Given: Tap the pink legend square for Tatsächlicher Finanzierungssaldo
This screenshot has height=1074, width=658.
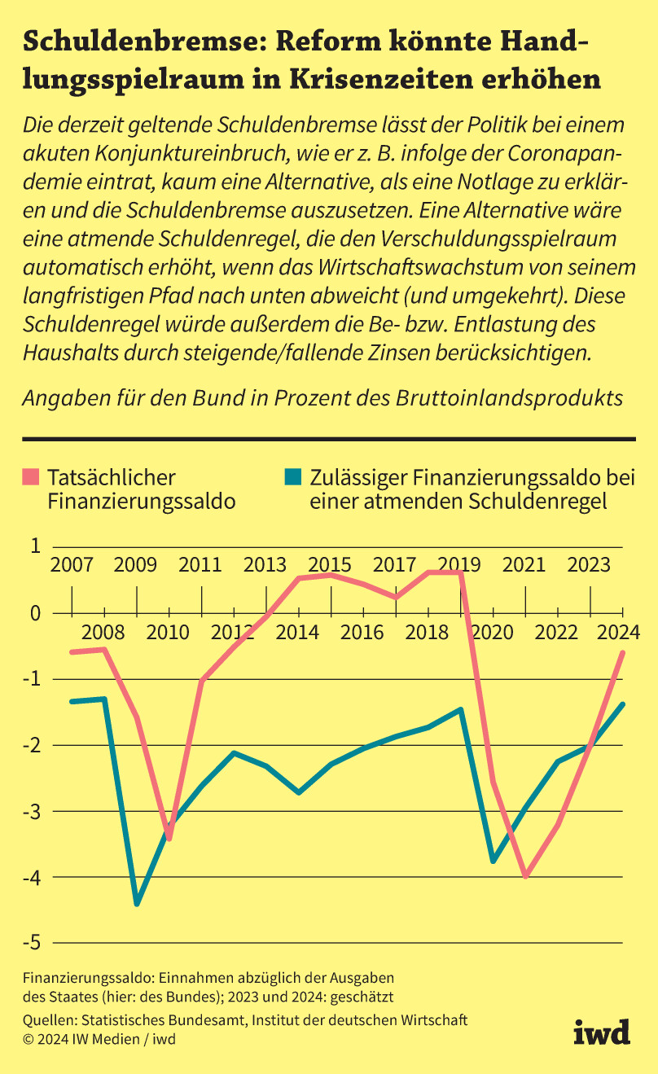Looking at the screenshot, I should [x=32, y=476].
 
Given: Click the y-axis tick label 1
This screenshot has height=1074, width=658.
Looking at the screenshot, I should [x=35, y=546].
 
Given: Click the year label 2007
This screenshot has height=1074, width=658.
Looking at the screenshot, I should [x=72, y=564].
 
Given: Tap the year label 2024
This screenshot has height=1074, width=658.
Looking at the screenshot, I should [x=622, y=632].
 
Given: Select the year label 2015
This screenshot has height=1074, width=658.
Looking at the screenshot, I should [x=331, y=564].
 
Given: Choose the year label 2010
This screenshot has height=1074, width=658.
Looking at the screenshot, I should [x=169, y=632].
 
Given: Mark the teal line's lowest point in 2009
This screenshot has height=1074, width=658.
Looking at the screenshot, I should [x=137, y=904].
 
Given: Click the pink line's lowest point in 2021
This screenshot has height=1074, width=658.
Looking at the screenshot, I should [x=526, y=876].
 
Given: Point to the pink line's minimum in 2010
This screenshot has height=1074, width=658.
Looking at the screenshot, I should [x=169, y=838].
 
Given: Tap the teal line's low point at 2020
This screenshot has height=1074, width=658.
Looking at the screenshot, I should [x=493, y=861].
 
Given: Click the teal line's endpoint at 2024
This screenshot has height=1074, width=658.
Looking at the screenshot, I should [x=623, y=704].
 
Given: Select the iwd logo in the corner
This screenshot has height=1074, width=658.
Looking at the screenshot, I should [x=602, y=1032].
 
